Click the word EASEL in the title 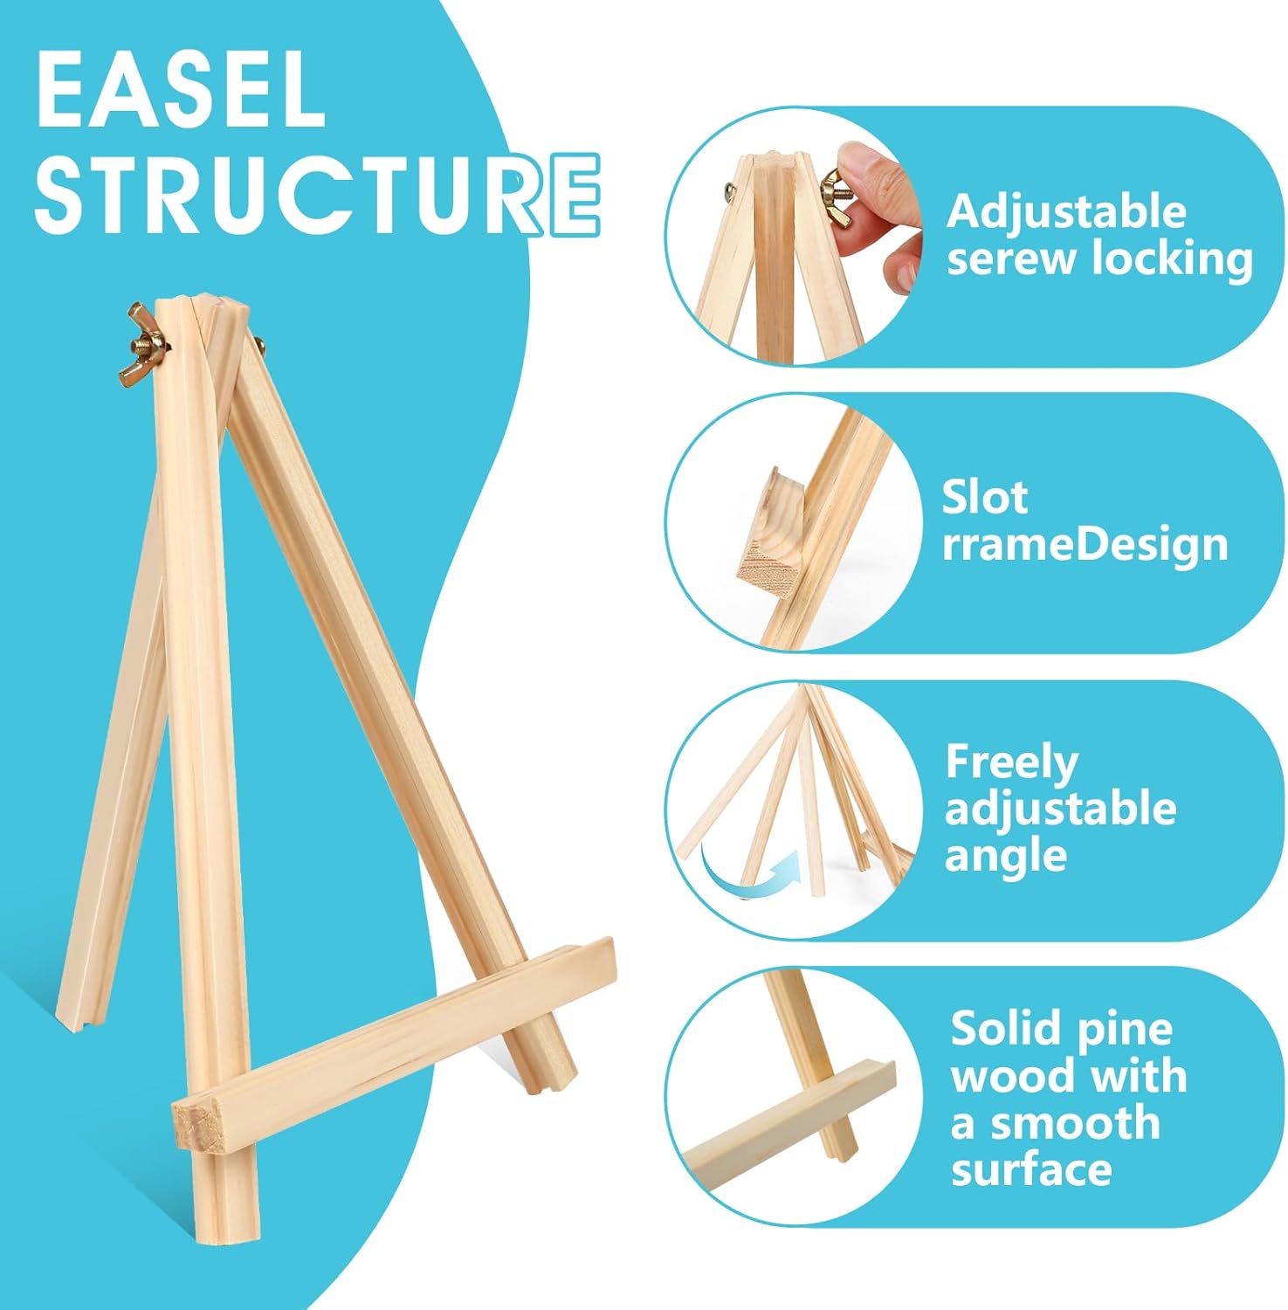click(x=181, y=91)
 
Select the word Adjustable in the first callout click(x=1066, y=212)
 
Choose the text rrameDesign click(x=1085, y=544)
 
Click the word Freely click(x=1012, y=762)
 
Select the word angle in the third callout click(x=1006, y=856)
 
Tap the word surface click(x=1031, y=1169)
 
